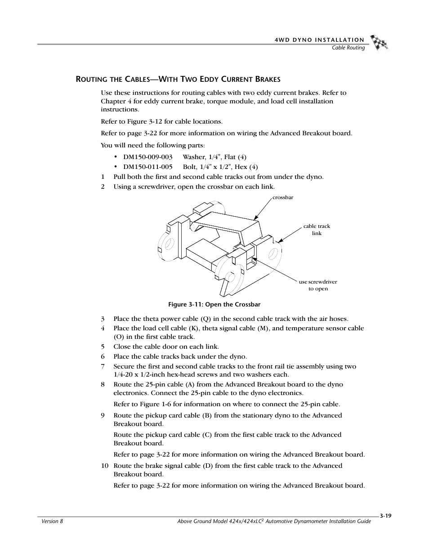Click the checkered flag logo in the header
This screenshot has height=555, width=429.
pyautogui.click(x=379, y=42)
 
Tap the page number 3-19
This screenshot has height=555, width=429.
pyautogui.click(x=385, y=516)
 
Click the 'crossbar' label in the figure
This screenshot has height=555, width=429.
pyautogui.click(x=283, y=198)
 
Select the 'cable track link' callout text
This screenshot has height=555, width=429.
pyautogui.click(x=317, y=230)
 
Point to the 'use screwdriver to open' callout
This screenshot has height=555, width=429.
pyautogui.click(x=318, y=285)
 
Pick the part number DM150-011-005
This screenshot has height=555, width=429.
pyautogui.click(x=147, y=167)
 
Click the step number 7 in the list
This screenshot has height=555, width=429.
pyautogui.click(x=103, y=367)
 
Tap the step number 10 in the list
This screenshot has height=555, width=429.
pyautogui.click(x=104, y=466)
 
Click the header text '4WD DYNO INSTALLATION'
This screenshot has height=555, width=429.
pyautogui.click(x=319, y=40)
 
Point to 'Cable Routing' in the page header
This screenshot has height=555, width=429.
pyautogui.click(x=348, y=48)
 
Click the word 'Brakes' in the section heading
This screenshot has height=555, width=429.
pyautogui.click(x=268, y=80)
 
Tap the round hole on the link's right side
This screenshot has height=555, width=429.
pyautogui.click(x=273, y=254)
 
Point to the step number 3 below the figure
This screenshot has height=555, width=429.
pyautogui.click(x=103, y=319)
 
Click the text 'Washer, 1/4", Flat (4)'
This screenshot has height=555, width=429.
pyautogui.click(x=214, y=157)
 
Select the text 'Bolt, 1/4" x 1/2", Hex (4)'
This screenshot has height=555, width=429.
pyautogui.click(x=220, y=167)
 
